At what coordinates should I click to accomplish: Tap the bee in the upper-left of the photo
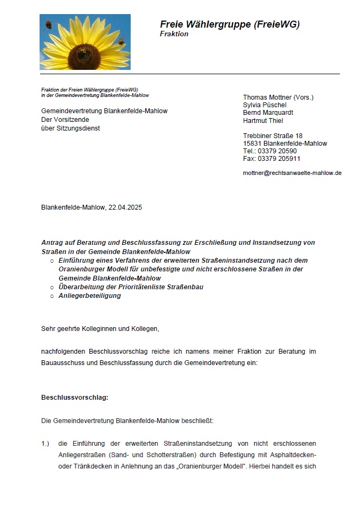click(48, 24)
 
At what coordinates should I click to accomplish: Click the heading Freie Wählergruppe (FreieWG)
click(229, 24)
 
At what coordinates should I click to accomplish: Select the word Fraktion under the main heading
click(174, 34)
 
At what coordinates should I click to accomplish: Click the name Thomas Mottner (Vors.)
click(278, 97)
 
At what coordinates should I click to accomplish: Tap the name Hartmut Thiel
click(263, 120)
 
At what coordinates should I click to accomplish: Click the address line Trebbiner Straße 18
click(273, 135)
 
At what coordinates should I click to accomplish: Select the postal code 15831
click(252, 144)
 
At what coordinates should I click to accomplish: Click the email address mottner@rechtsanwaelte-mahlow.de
click(292, 173)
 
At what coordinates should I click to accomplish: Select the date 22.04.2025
click(125, 207)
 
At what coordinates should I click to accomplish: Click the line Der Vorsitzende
click(65, 119)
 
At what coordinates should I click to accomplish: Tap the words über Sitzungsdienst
click(70, 128)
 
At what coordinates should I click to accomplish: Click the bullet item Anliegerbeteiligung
click(89, 296)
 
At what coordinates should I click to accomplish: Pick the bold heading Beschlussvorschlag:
click(75, 397)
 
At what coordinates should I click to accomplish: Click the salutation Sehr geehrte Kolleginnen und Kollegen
click(100, 328)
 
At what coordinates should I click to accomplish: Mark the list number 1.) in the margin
click(45, 444)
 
